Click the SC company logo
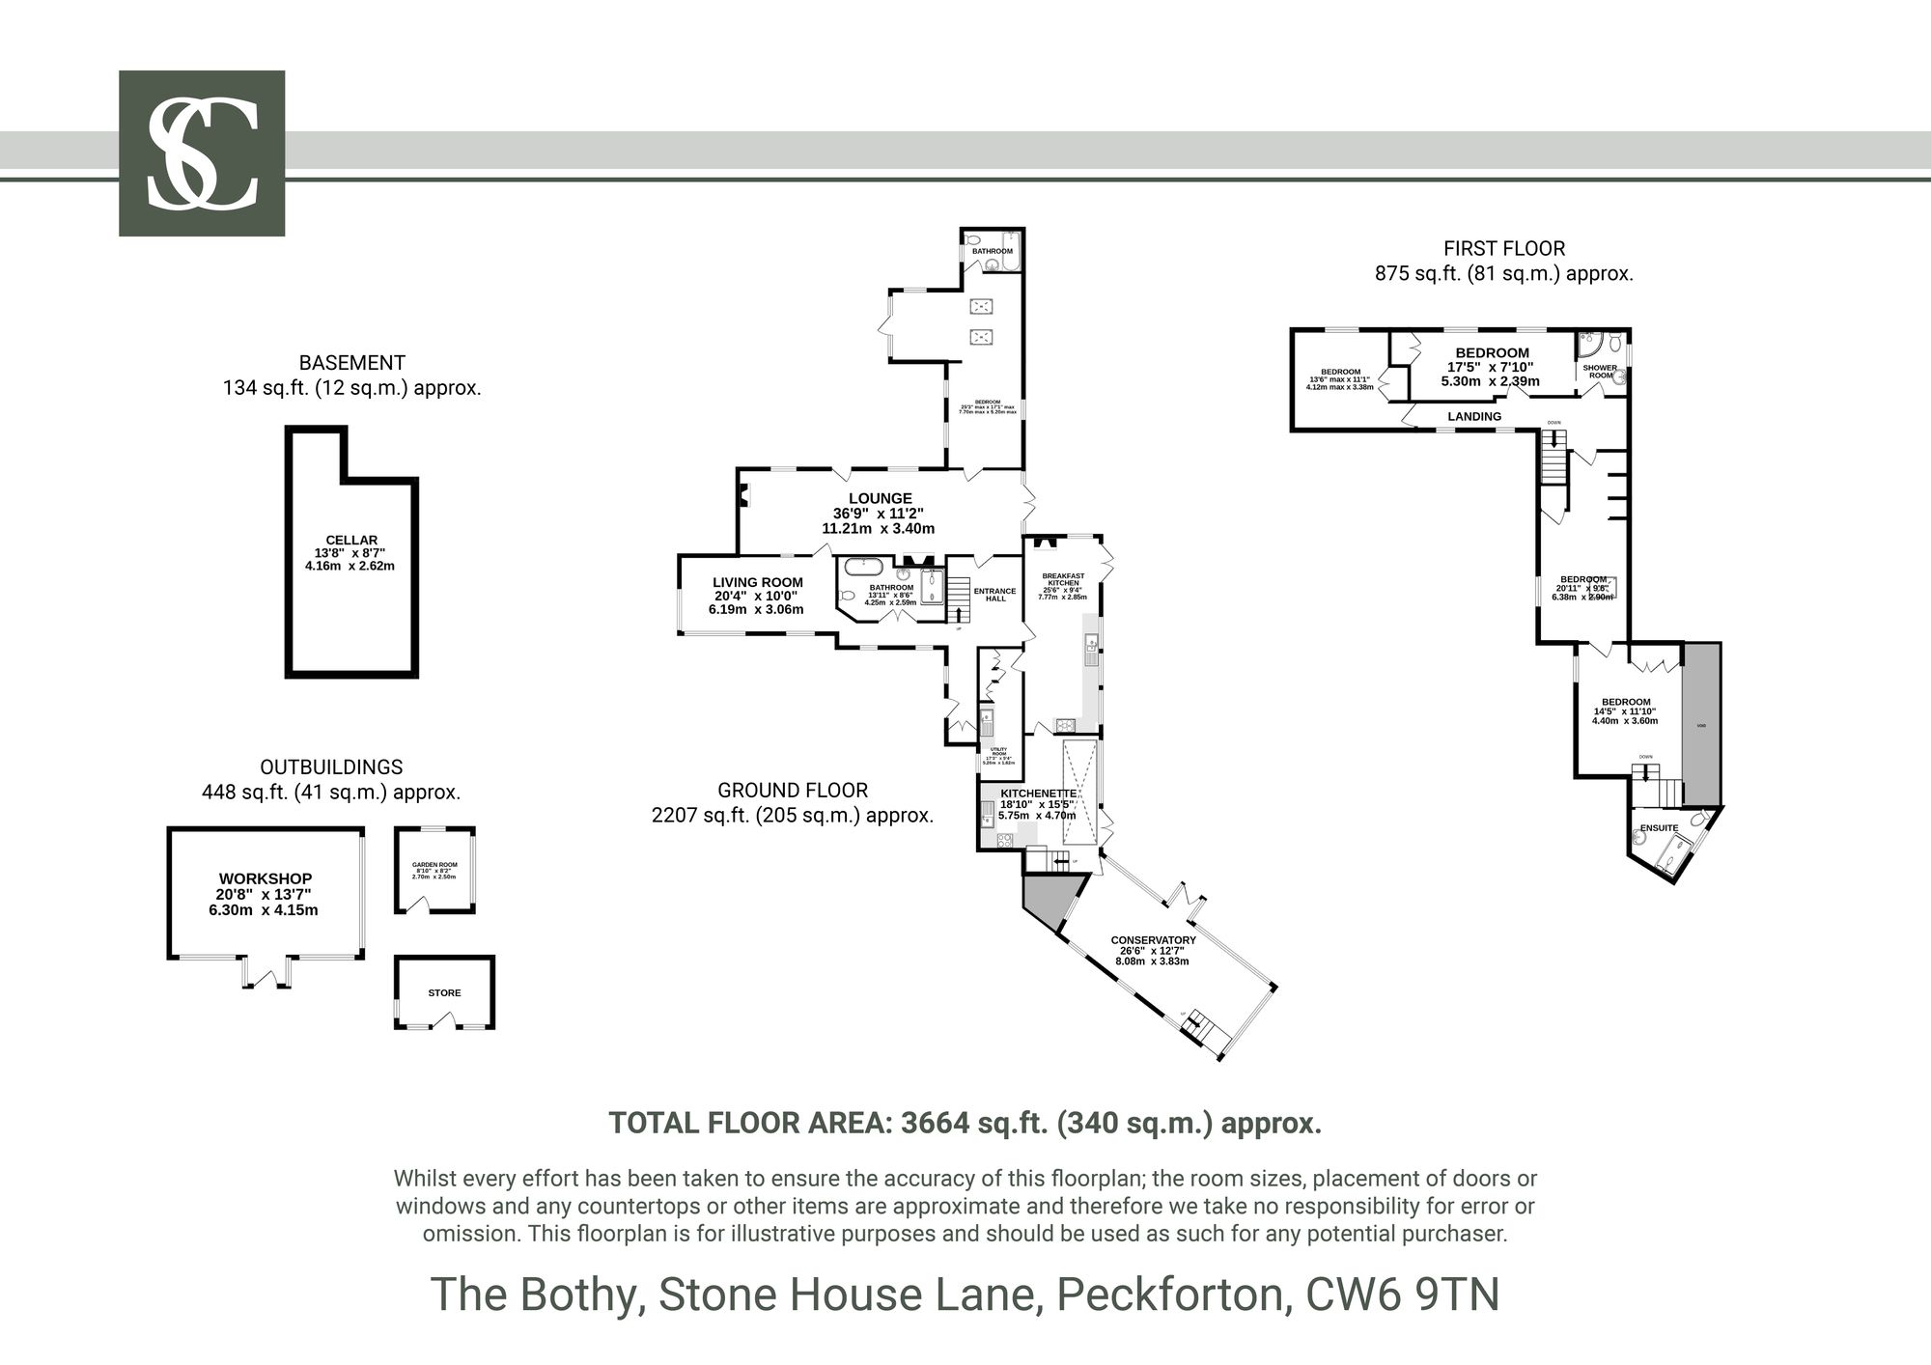(x=202, y=153)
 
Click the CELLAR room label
(x=351, y=541)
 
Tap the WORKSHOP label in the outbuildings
(x=265, y=878)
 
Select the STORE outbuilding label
(x=444, y=992)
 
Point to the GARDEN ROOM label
(x=434, y=865)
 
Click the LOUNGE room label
(x=880, y=498)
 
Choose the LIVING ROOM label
(x=757, y=582)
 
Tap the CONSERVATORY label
(x=1153, y=939)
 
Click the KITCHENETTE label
(x=1038, y=793)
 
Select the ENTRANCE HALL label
(x=994, y=595)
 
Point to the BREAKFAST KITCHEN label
(x=1063, y=579)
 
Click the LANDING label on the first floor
(x=1474, y=416)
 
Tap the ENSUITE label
(x=1659, y=827)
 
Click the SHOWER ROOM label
(x=1600, y=371)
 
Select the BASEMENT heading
(x=351, y=363)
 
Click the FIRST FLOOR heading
(x=1503, y=248)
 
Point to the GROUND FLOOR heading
(x=793, y=790)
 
